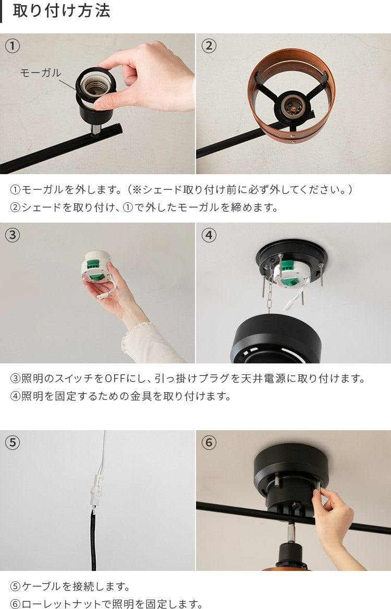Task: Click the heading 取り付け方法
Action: pos(62,11)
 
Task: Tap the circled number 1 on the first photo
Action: pos(13,46)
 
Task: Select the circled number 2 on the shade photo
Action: pos(209,46)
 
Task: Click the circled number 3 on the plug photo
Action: pos(13,235)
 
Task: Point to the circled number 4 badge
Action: pos(209,235)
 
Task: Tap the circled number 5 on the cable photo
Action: pos(13,442)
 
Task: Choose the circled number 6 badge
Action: pos(209,442)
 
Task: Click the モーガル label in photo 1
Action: pos(41,72)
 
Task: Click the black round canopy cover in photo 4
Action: pos(276,338)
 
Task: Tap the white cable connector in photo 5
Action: pos(96,490)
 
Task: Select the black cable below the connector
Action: pos(93,539)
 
